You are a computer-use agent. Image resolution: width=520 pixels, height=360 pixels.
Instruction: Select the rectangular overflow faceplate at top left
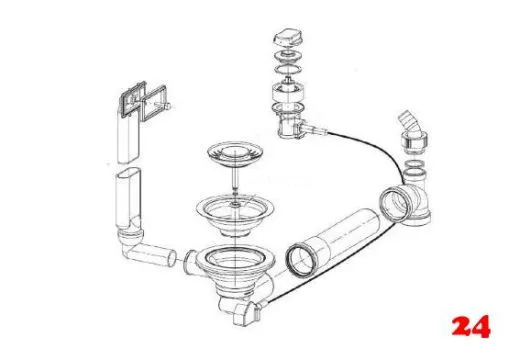point(141,101)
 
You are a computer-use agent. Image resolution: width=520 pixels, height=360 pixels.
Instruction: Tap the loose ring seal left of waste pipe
point(297,259)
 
